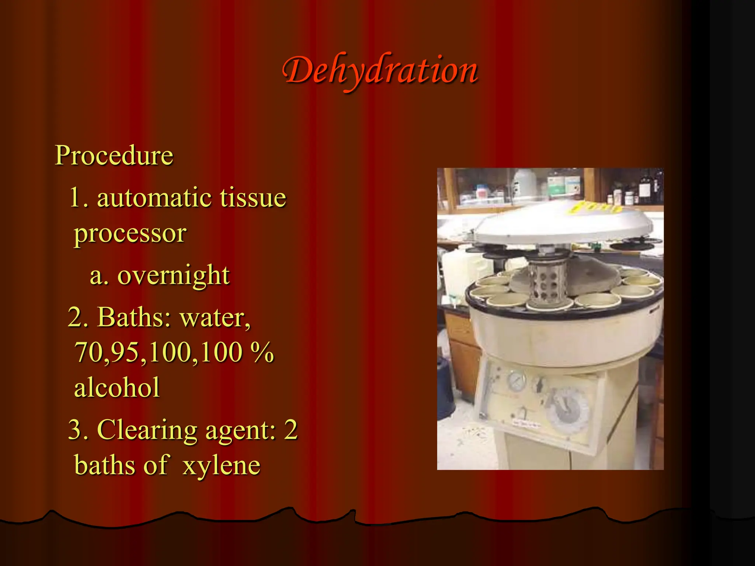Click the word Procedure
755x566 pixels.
point(114,156)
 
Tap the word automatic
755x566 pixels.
point(154,198)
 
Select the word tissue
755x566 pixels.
point(253,198)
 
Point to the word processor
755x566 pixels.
point(130,233)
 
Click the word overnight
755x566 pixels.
point(173,276)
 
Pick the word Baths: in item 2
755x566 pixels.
point(134,317)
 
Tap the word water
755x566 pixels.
point(215,318)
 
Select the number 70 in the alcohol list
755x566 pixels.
point(88,352)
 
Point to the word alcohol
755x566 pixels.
point(117,388)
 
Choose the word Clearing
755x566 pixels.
point(147,430)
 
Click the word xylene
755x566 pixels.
point(221,465)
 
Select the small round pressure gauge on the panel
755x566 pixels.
point(516,381)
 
